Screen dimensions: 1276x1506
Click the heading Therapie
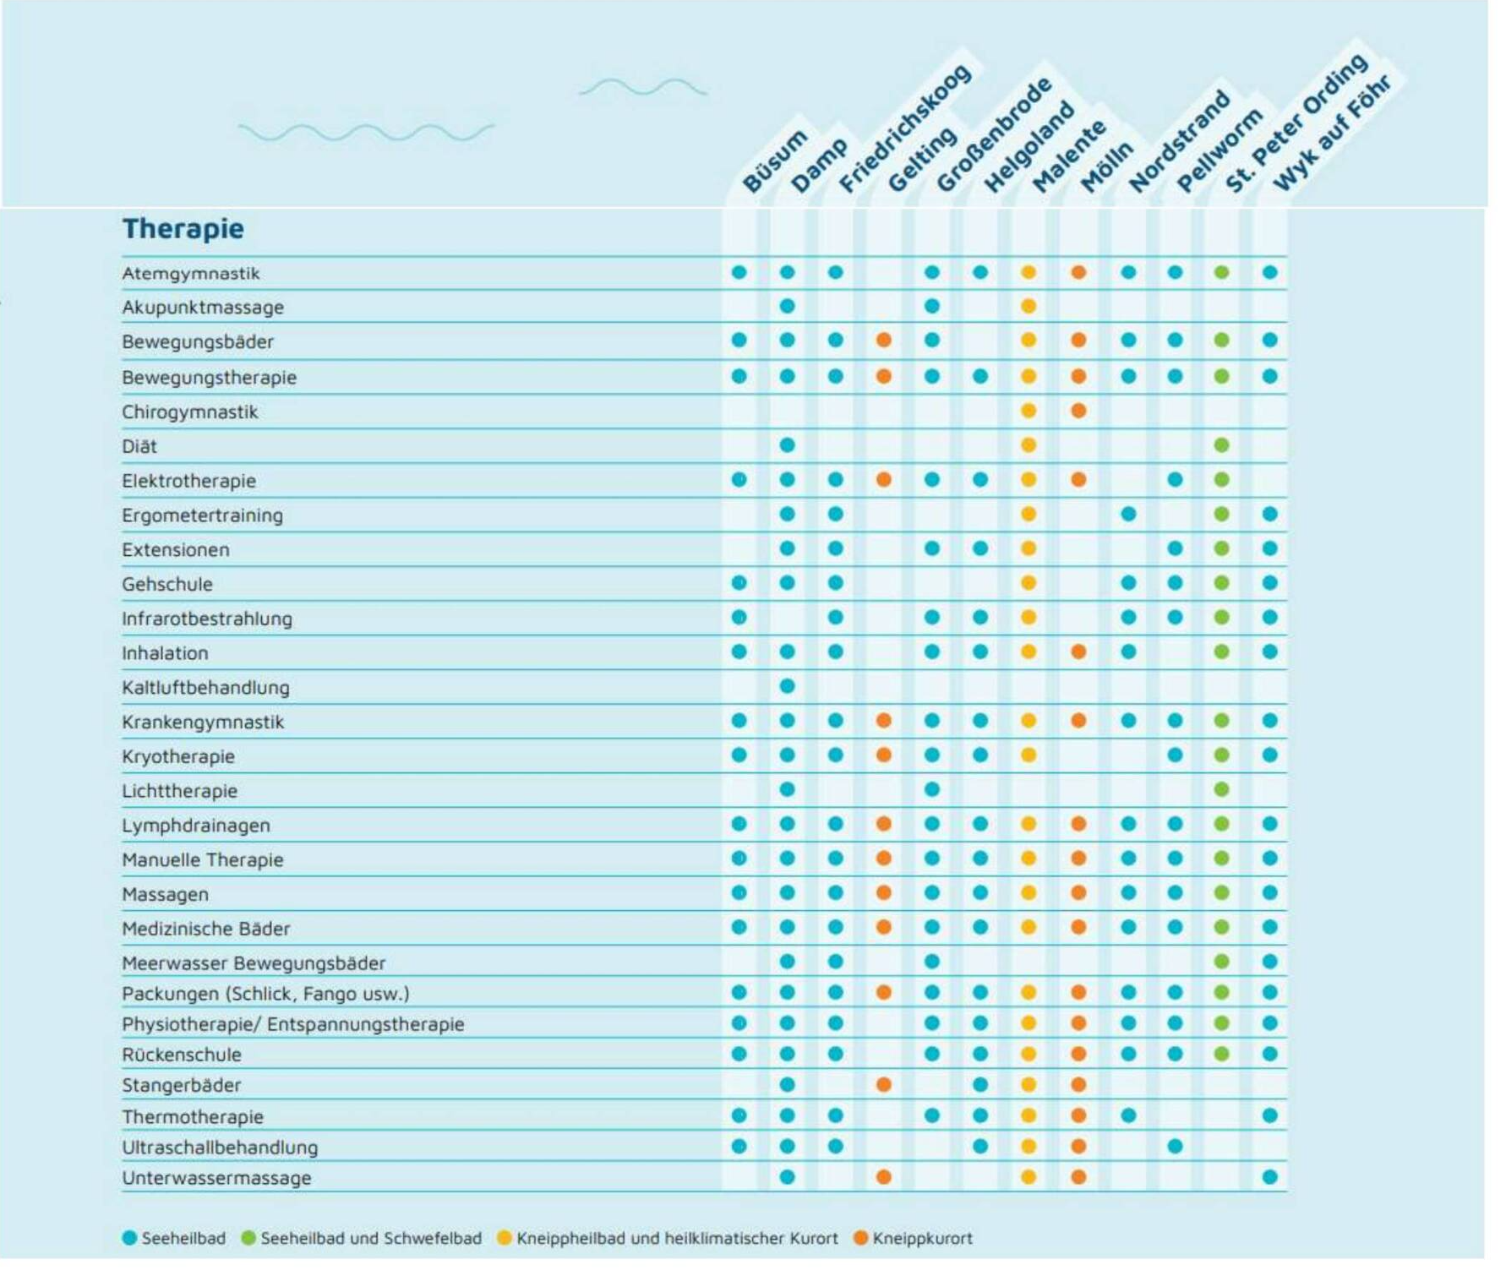pyautogui.click(x=183, y=229)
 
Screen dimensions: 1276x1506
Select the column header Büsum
pyautogui.click(x=774, y=161)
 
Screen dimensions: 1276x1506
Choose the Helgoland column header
pyautogui.click(x=1029, y=147)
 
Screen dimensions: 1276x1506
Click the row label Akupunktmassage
pyautogui.click(x=203, y=308)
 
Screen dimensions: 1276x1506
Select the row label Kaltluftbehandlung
pyautogui.click(x=205, y=688)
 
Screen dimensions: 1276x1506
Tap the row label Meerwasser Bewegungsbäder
pyautogui.click(x=254, y=963)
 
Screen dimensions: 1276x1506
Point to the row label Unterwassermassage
pyautogui.click(x=216, y=1178)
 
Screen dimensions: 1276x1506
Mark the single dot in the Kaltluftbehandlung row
pyautogui.click(x=788, y=686)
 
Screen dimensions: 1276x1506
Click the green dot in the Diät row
pyautogui.click(x=1221, y=445)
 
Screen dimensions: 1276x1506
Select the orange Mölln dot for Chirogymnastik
pyautogui.click(x=1078, y=411)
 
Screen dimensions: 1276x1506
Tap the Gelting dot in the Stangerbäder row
pyautogui.click(x=884, y=1084)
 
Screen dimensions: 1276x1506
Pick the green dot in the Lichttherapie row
pyautogui.click(x=1221, y=789)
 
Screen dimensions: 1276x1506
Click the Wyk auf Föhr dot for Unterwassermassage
pyautogui.click(x=1270, y=1177)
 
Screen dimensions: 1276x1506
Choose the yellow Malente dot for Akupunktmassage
pyautogui.click(x=1029, y=306)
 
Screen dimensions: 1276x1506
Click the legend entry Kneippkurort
pyautogui.click(x=922, y=1239)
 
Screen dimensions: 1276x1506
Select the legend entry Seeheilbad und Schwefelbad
pyautogui.click(x=370, y=1239)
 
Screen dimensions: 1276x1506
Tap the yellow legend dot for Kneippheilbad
pyautogui.click(x=505, y=1238)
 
